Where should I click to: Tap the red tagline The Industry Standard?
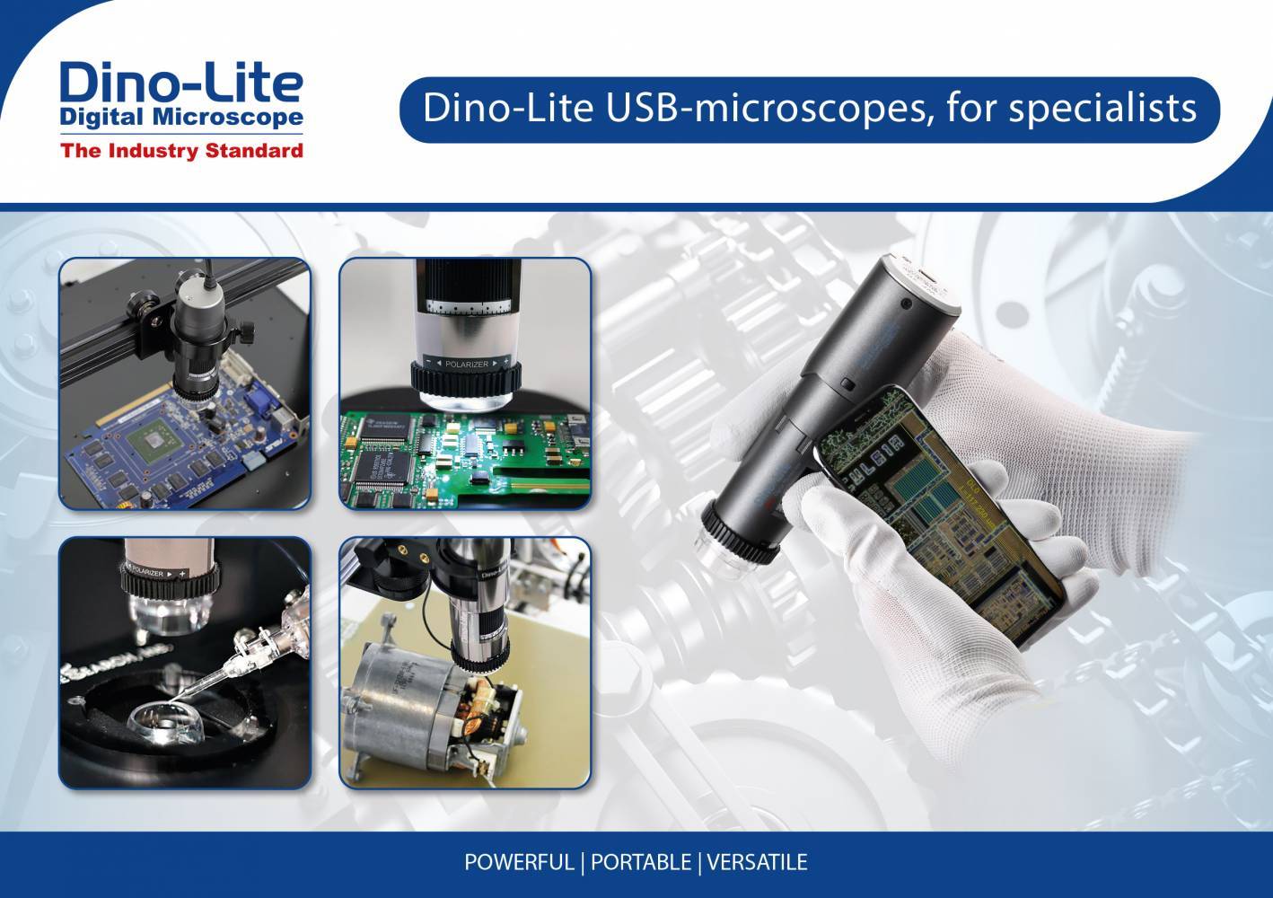click(x=181, y=151)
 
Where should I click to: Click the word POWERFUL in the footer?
click(x=518, y=863)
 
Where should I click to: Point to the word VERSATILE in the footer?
click(x=757, y=863)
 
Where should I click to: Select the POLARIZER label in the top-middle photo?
click(x=466, y=365)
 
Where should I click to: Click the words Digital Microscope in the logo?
click(x=180, y=117)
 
